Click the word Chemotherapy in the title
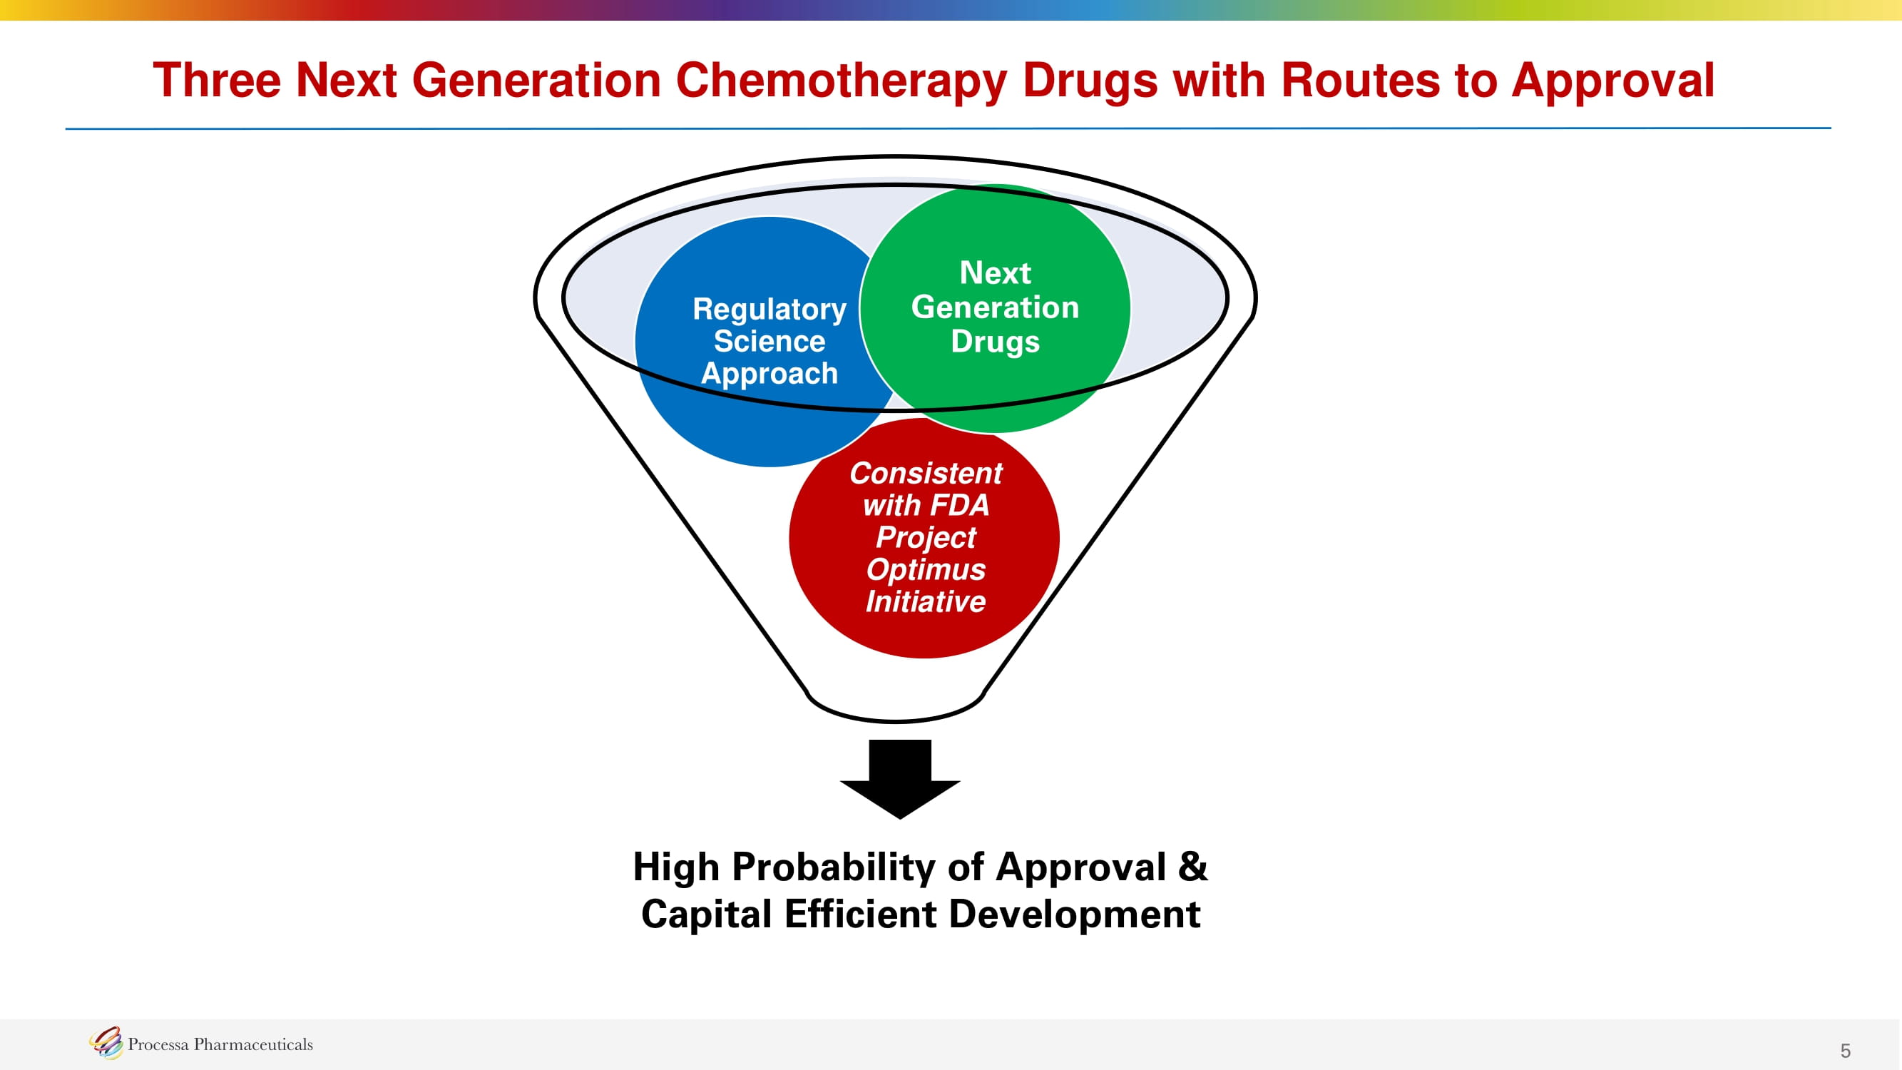841,81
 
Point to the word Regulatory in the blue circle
770,310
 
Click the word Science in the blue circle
770,341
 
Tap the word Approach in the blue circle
770,374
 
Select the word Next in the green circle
995,273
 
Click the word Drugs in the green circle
995,341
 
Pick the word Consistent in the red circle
925,474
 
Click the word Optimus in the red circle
925,569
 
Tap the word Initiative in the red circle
925,602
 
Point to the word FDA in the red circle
959,506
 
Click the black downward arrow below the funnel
899,779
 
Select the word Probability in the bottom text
834,867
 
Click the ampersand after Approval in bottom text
1192,867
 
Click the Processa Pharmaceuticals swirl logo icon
106,1043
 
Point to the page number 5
1845,1051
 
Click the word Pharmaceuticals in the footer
253,1044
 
